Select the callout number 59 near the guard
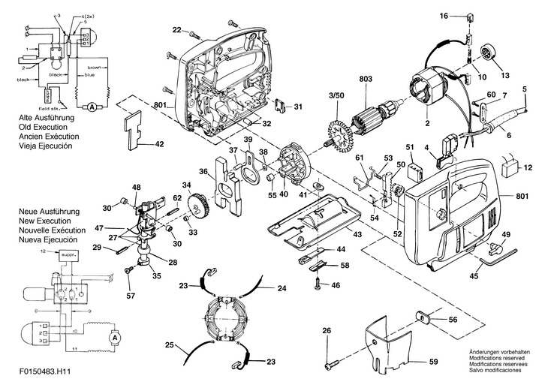433,362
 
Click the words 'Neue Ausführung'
47,212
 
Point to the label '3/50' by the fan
337,96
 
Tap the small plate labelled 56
422,320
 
